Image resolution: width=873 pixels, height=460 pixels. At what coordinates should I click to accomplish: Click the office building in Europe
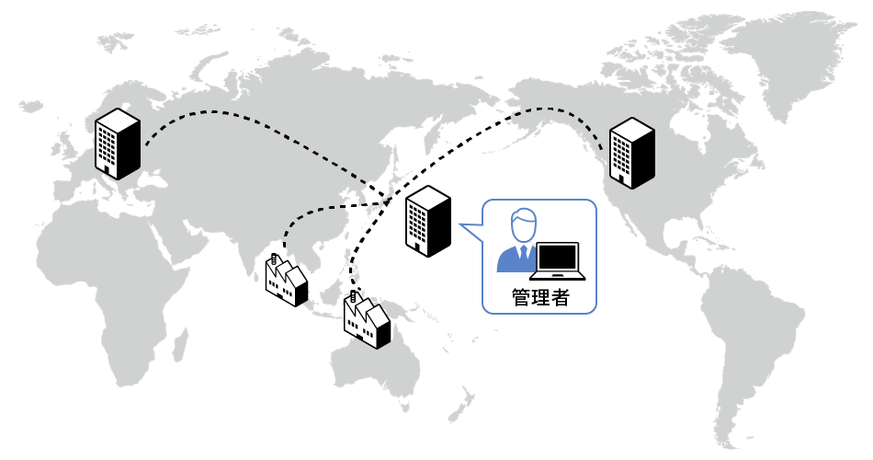click(118, 143)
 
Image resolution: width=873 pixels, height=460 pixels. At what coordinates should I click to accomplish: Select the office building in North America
click(633, 153)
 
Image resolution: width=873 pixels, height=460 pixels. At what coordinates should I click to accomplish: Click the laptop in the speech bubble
click(559, 261)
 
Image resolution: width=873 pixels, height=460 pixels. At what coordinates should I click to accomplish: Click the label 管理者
click(539, 297)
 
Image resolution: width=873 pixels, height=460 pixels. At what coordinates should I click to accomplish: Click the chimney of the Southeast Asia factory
click(274, 260)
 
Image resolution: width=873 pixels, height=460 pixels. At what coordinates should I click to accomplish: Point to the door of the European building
click(109, 171)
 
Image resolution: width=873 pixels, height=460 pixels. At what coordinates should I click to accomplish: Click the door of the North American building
click(625, 181)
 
